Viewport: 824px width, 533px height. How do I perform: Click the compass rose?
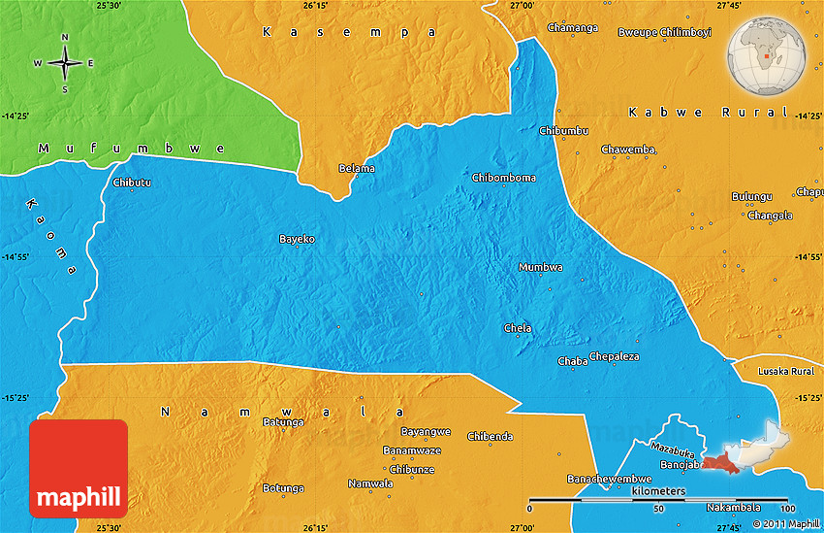pyautogui.click(x=65, y=63)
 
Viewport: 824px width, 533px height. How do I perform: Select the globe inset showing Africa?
pyautogui.click(x=771, y=52)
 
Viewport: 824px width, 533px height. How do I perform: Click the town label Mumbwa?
pyautogui.click(x=540, y=267)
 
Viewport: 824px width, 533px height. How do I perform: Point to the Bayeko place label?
pyautogui.click(x=297, y=239)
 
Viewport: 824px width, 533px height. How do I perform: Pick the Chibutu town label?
pyautogui.click(x=132, y=183)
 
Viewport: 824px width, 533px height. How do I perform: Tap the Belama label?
pyautogui.click(x=356, y=169)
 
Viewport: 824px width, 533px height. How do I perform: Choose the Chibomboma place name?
pyautogui.click(x=503, y=178)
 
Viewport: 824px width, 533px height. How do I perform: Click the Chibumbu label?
pyautogui.click(x=562, y=130)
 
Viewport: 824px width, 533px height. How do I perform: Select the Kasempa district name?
pyautogui.click(x=350, y=32)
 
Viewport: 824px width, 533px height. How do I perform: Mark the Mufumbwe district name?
pyautogui.click(x=131, y=149)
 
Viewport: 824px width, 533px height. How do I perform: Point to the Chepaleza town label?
pyautogui.click(x=615, y=356)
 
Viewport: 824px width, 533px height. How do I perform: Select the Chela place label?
pyautogui.click(x=518, y=328)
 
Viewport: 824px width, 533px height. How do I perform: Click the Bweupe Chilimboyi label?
pyautogui.click(x=664, y=32)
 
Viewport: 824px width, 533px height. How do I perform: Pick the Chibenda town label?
pyautogui.click(x=490, y=437)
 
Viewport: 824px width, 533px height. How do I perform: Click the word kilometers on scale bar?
pyautogui.click(x=658, y=492)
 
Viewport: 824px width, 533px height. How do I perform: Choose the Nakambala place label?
pyautogui.click(x=734, y=508)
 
